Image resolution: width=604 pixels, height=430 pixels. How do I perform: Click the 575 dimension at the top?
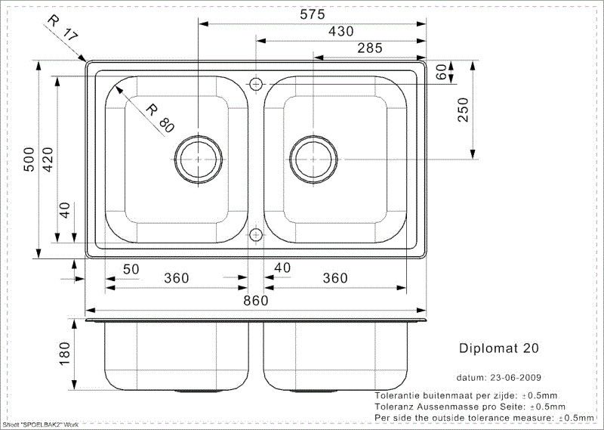tap(311, 14)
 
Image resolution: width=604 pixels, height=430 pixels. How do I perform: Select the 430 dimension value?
tap(341, 31)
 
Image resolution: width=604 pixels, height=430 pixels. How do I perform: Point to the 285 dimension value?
tap(370, 48)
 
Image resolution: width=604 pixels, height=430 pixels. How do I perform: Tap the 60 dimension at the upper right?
tap(442, 72)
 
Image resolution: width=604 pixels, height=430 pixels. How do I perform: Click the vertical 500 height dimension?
tap(29, 159)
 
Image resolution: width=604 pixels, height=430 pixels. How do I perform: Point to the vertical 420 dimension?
tap(47, 159)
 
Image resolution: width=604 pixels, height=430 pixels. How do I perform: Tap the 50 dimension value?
tap(131, 269)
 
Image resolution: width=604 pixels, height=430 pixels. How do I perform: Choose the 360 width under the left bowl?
tap(176, 278)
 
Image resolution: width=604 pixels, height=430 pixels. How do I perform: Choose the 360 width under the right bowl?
tap(334, 278)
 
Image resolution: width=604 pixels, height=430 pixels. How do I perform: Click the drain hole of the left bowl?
tap(199, 159)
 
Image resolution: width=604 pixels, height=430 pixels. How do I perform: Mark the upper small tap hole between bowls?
tap(256, 82)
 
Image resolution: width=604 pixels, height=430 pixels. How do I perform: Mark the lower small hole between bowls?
tap(256, 234)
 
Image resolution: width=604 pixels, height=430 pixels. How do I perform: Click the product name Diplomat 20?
tap(499, 348)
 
